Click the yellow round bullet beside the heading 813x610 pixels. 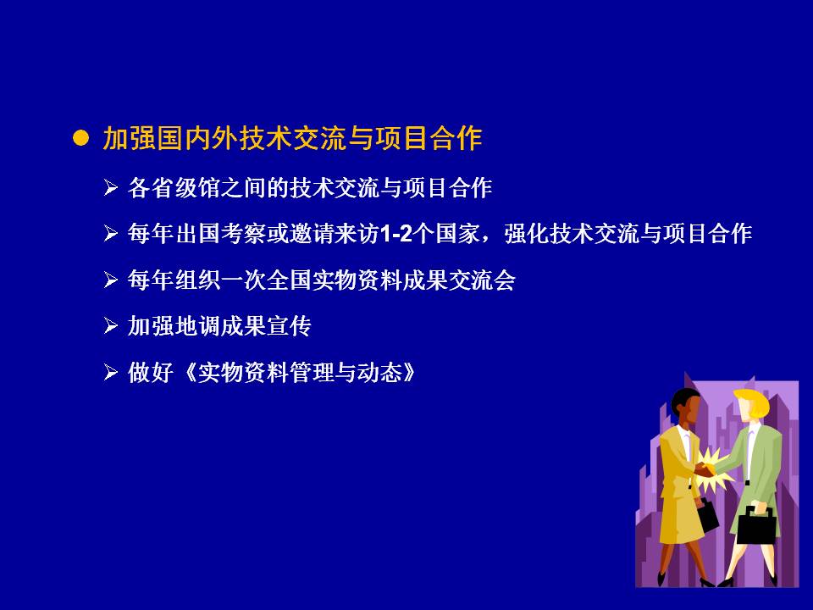point(80,138)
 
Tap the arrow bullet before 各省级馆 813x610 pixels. point(111,187)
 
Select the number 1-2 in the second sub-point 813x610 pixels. point(396,234)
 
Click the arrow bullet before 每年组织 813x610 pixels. point(111,280)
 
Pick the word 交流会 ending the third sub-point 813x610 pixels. point(482,280)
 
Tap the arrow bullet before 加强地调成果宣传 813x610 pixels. point(111,325)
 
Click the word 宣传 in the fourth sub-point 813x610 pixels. point(290,326)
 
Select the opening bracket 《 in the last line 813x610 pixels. point(189,373)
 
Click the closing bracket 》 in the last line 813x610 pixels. point(409,373)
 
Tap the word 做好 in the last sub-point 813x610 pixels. point(151,373)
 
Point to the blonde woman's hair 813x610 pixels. point(752,401)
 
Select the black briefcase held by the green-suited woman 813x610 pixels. point(757,524)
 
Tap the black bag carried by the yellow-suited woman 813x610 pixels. point(707,515)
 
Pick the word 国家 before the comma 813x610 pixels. point(457,234)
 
